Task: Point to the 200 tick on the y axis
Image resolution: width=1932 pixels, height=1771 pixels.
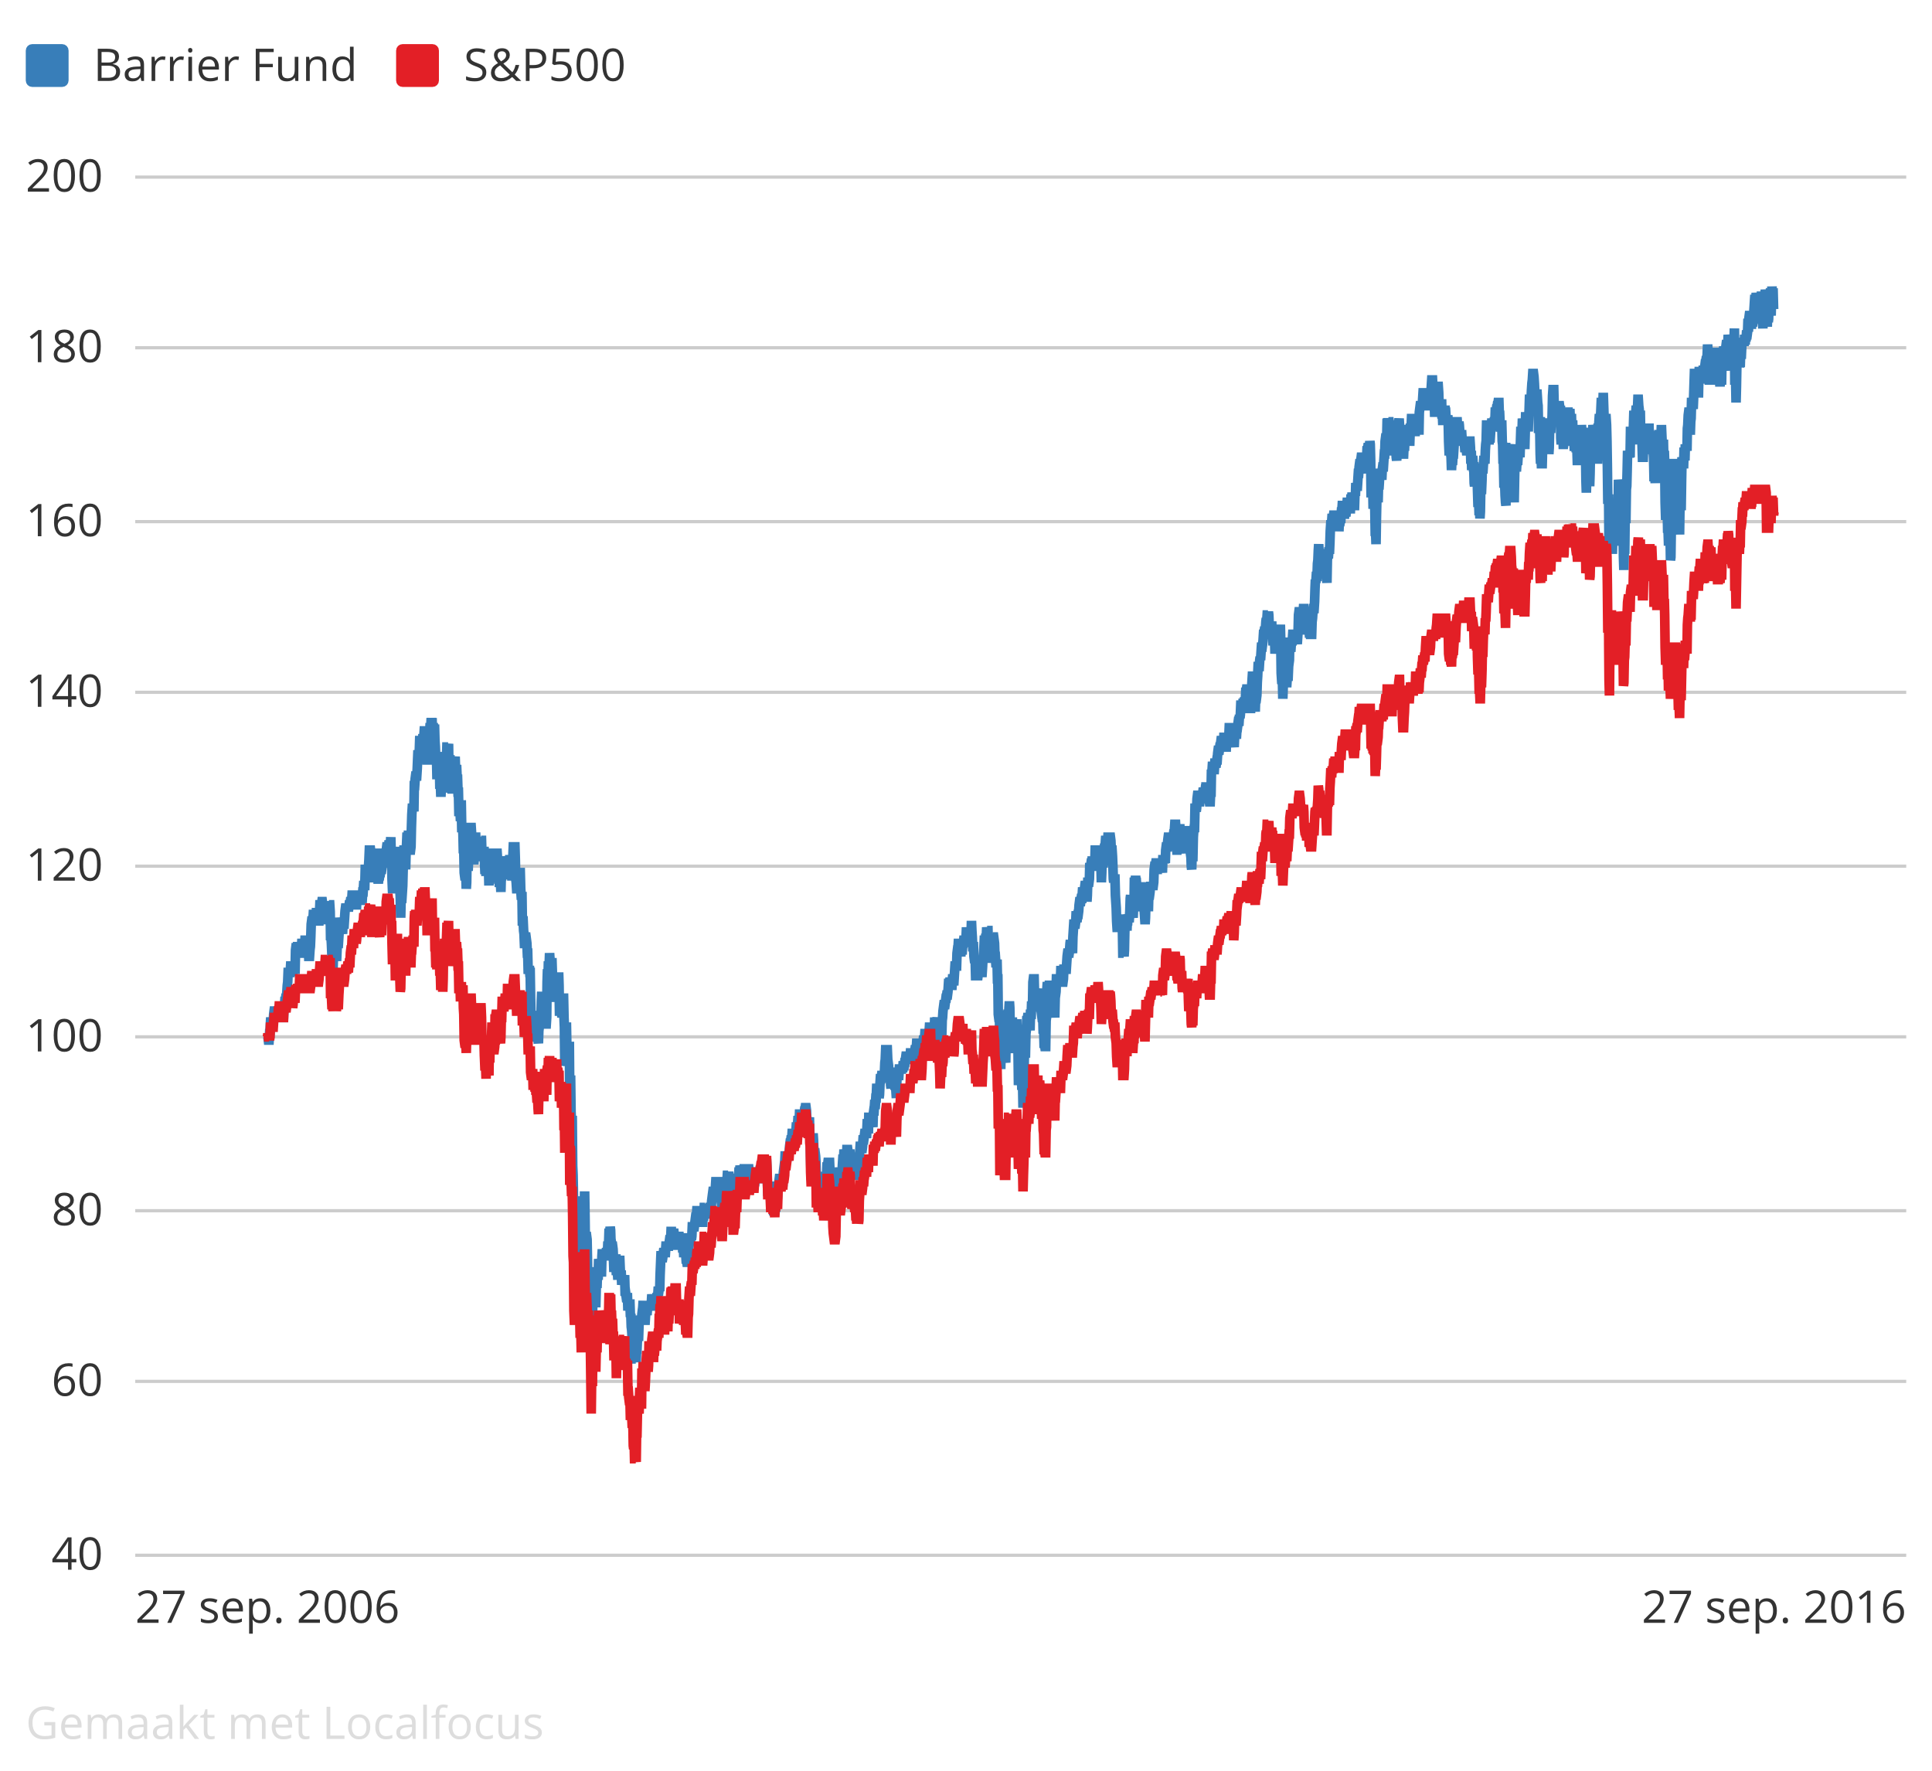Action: (x=64, y=177)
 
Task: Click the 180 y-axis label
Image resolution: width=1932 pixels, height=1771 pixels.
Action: (x=64, y=348)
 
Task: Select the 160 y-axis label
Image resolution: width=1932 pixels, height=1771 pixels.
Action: (x=64, y=522)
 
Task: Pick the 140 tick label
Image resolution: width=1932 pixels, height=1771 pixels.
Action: (x=64, y=692)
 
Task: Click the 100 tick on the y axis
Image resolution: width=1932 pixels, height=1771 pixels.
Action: (x=64, y=1037)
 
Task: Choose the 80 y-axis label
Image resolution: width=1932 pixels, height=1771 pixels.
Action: (x=77, y=1210)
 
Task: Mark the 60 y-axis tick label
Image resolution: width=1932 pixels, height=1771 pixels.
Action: (x=77, y=1381)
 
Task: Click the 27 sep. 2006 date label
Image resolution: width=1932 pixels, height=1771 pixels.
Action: (x=267, y=1608)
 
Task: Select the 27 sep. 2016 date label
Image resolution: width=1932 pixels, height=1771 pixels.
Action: (x=1773, y=1608)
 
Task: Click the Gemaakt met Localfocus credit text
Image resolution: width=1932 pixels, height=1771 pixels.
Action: (x=284, y=1723)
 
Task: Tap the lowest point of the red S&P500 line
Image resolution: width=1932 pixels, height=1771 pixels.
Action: (x=635, y=1459)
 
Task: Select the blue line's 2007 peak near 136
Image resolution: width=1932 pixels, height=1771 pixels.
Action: (x=431, y=725)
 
